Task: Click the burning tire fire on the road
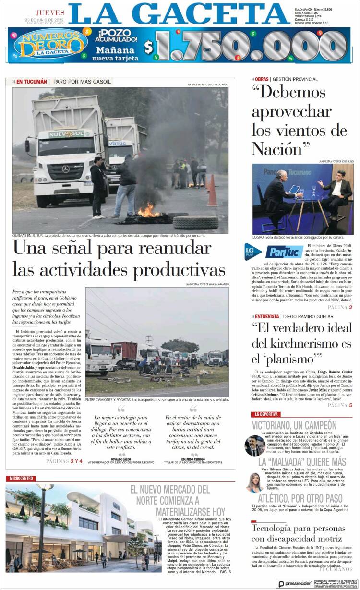[147, 211]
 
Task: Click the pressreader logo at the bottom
[293, 583]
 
